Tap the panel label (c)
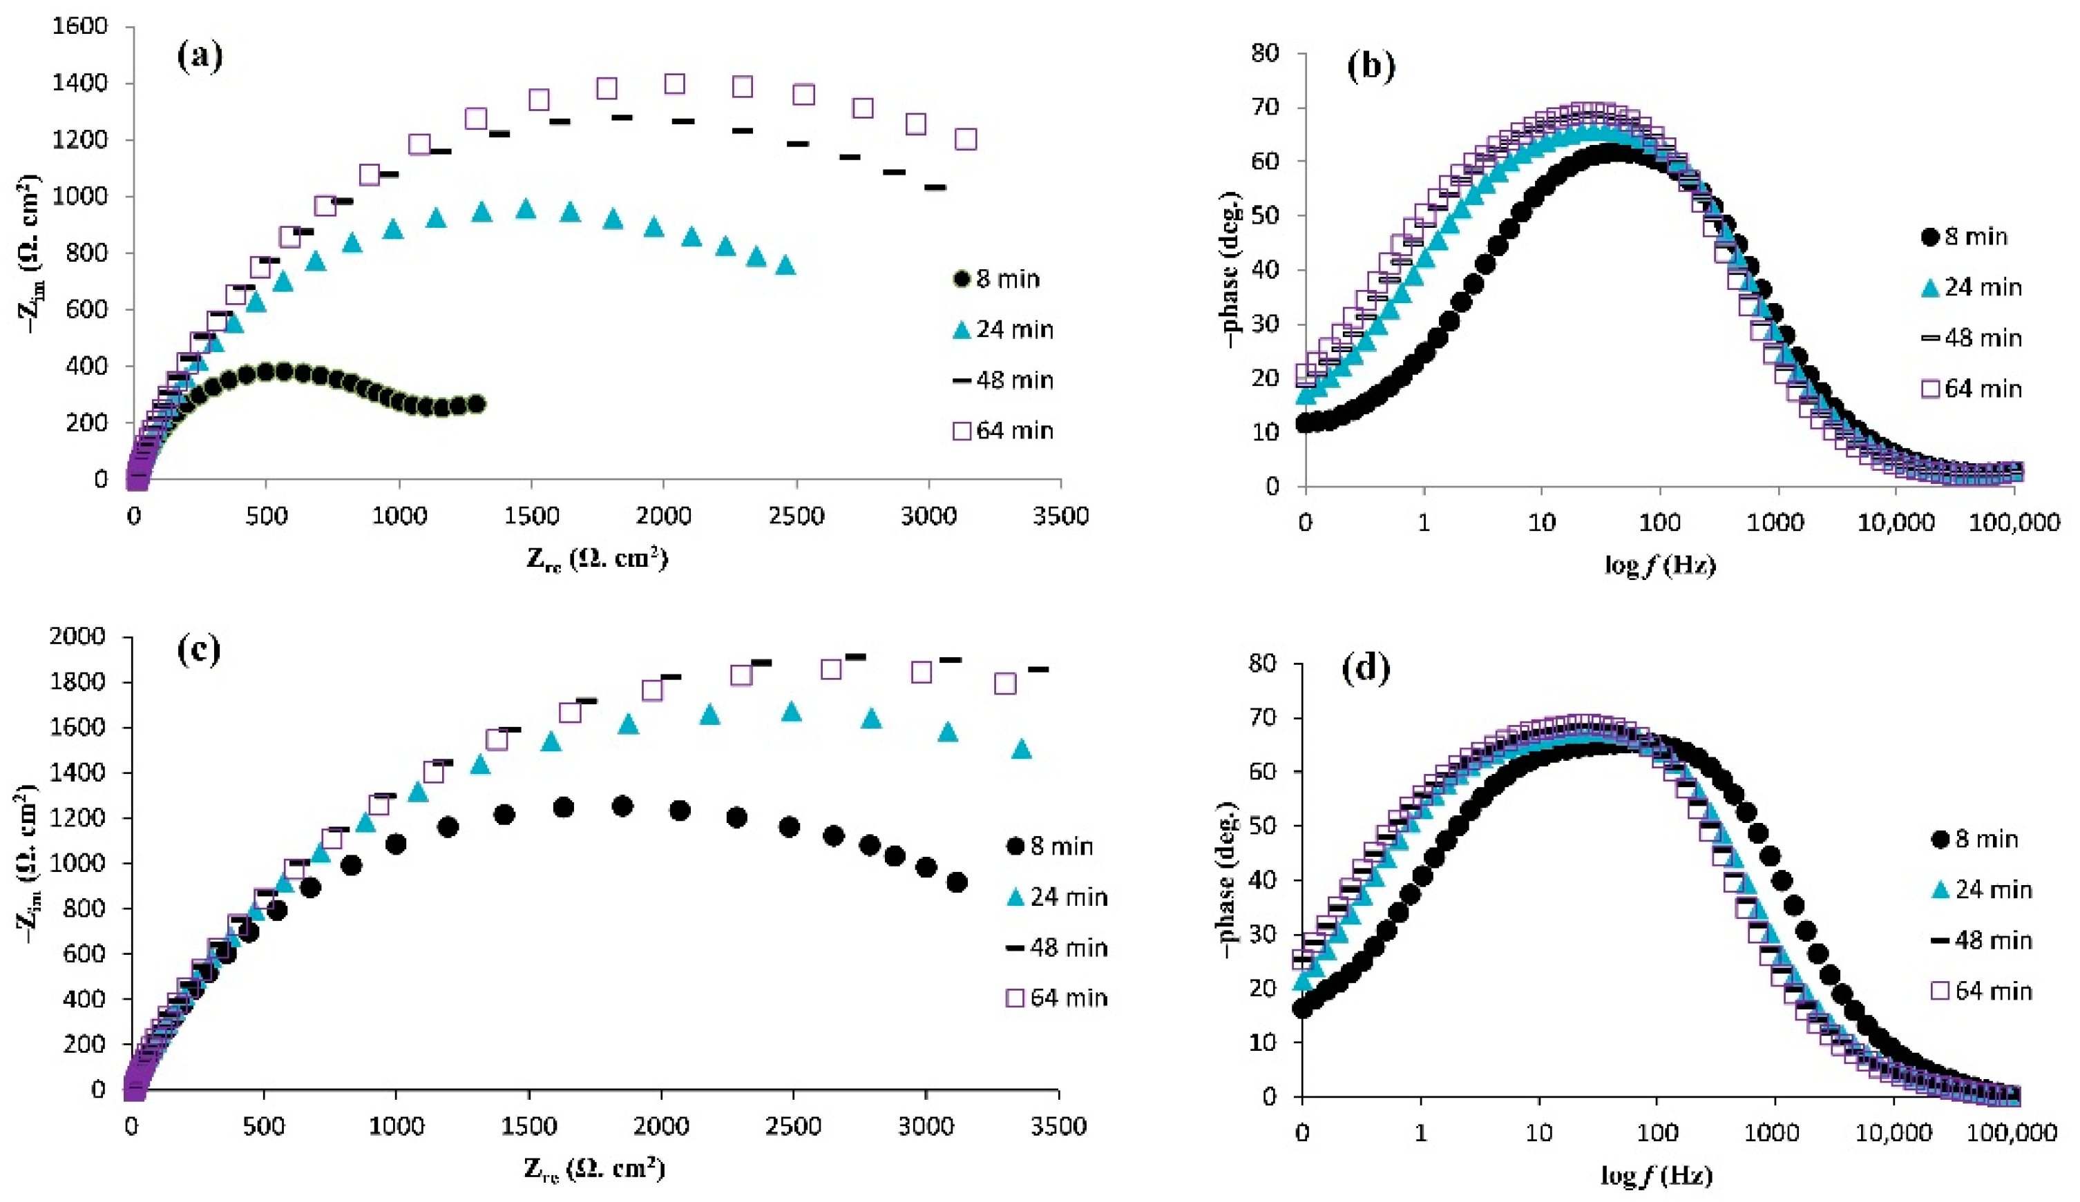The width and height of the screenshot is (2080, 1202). tap(200, 650)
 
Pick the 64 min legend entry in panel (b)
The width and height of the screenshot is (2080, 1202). tap(1970, 389)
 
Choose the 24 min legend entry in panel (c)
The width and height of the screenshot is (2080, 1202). tap(1056, 897)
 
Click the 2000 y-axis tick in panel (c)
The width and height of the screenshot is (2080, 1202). tap(76, 636)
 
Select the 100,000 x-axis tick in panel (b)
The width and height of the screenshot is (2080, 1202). tap(2014, 522)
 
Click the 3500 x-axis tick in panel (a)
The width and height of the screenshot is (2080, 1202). tap(1060, 516)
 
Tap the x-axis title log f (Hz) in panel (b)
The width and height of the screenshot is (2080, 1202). tap(1659, 565)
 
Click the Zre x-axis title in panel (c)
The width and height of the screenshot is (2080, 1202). tap(594, 1168)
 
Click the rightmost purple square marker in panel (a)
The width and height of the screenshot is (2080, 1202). tap(966, 139)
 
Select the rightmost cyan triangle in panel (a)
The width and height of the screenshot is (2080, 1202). tap(785, 266)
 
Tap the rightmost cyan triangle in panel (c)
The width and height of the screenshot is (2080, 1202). tap(1021, 749)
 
